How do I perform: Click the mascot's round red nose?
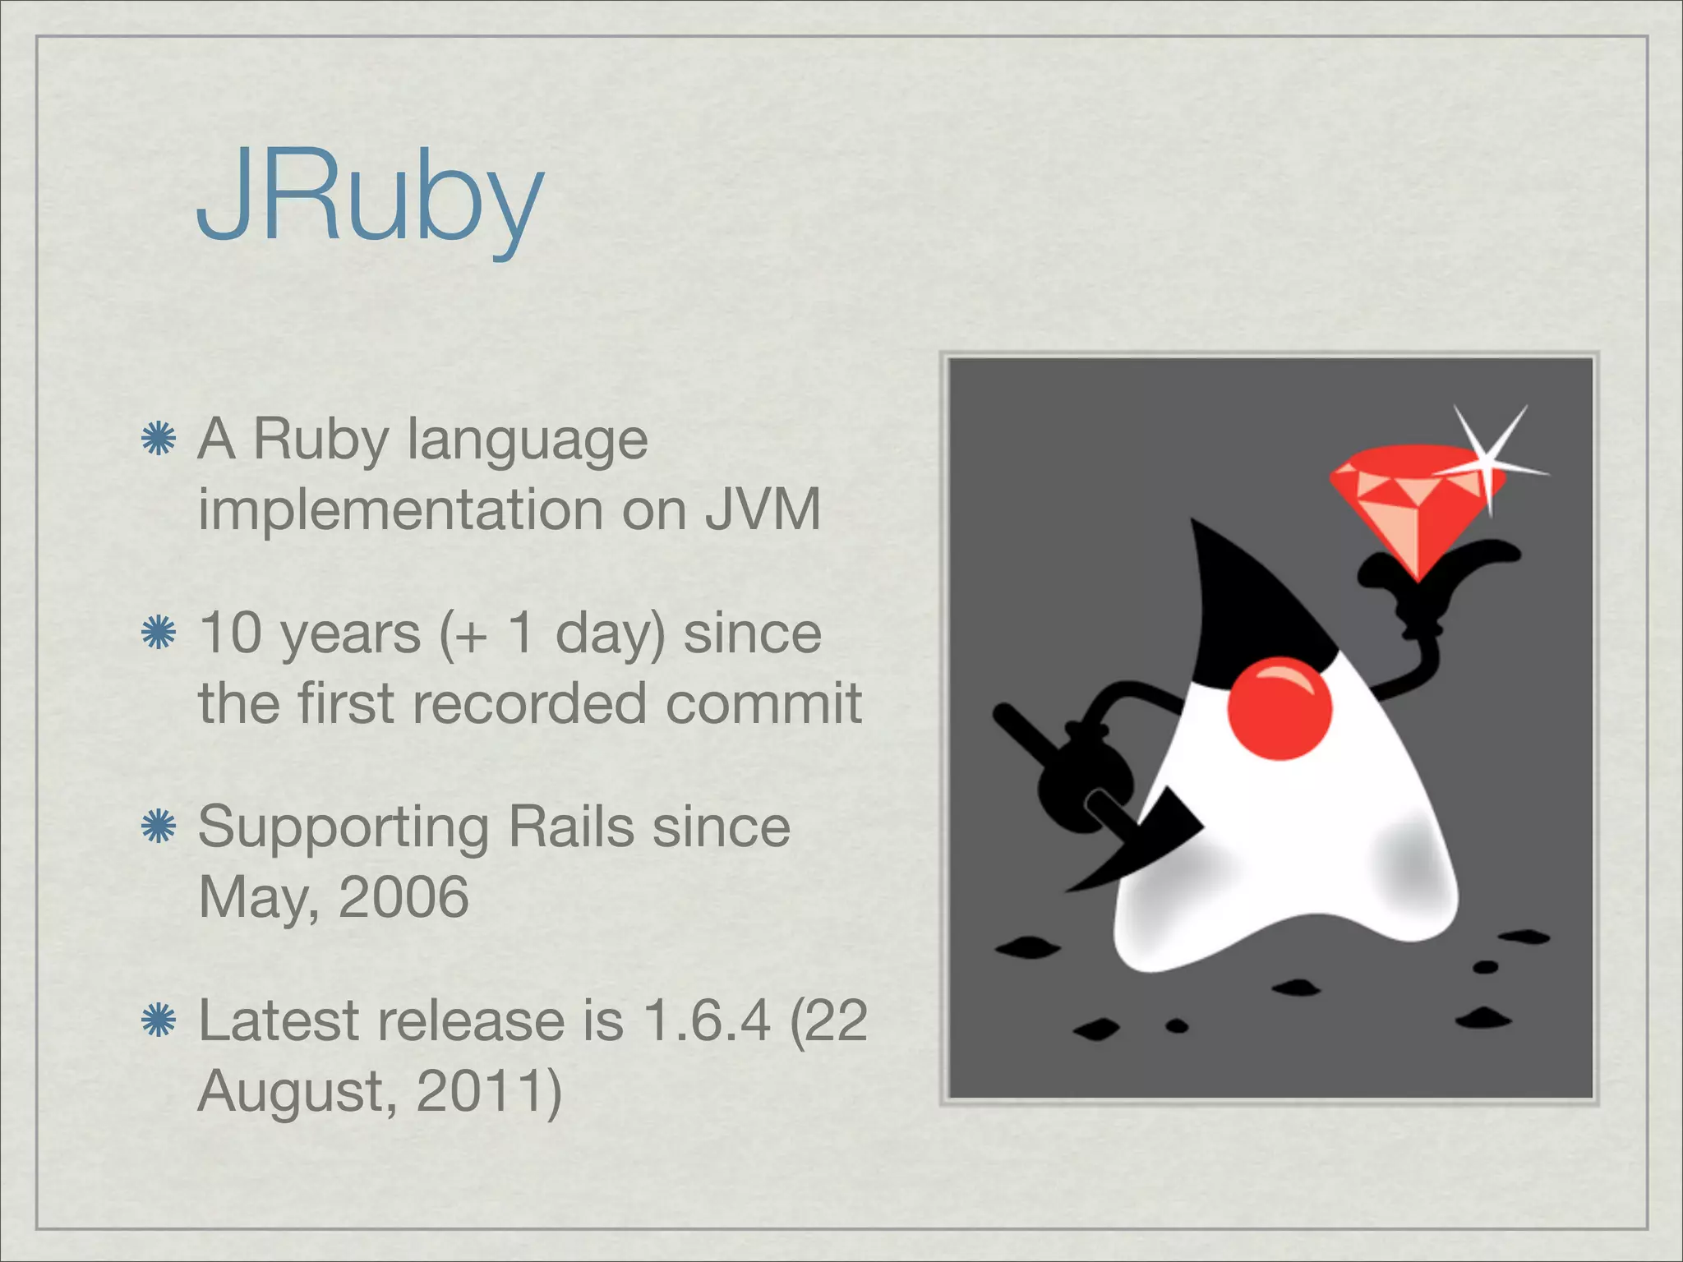(x=1279, y=708)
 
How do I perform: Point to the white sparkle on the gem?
(x=1489, y=460)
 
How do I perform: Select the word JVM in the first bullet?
(x=763, y=509)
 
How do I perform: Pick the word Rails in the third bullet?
(x=571, y=827)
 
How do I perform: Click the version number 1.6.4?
(x=708, y=1020)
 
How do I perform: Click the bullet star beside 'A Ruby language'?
(x=159, y=440)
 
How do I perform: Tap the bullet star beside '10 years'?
(x=159, y=633)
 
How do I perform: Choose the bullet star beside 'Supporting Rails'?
(x=159, y=827)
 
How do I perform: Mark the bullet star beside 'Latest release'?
(x=159, y=1021)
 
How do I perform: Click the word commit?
(x=763, y=703)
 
